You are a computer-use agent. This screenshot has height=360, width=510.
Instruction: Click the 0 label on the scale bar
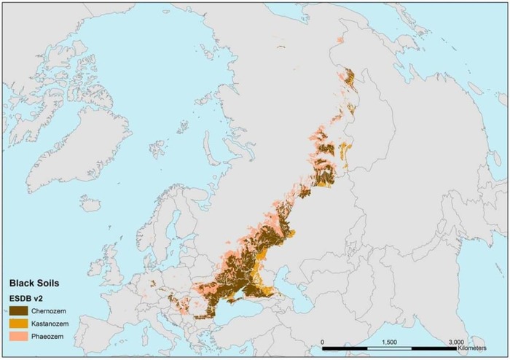pyautogui.click(x=322, y=341)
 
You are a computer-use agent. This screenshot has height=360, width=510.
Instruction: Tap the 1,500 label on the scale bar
pyautogui.click(x=389, y=341)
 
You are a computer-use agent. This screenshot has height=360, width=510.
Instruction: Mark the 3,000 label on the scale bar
pyautogui.click(x=456, y=341)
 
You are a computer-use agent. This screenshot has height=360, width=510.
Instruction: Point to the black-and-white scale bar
pyautogui.click(x=389, y=348)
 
